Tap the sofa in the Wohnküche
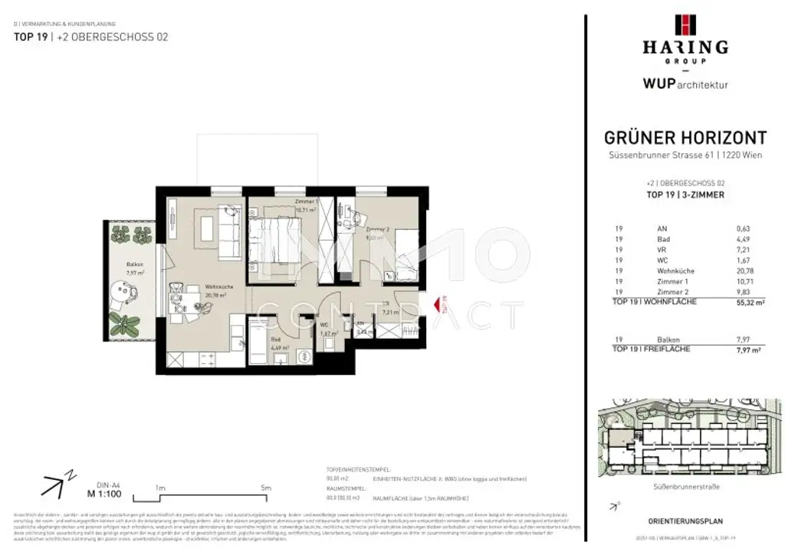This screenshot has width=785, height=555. click(x=226, y=226)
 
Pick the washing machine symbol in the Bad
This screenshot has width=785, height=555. click(x=305, y=356)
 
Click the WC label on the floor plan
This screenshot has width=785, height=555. click(x=325, y=324)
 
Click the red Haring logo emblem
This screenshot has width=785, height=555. click(x=685, y=25)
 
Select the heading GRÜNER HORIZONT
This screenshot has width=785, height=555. click(x=685, y=138)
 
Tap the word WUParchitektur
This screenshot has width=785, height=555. click(x=685, y=84)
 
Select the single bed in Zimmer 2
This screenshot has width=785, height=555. click(x=408, y=261)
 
